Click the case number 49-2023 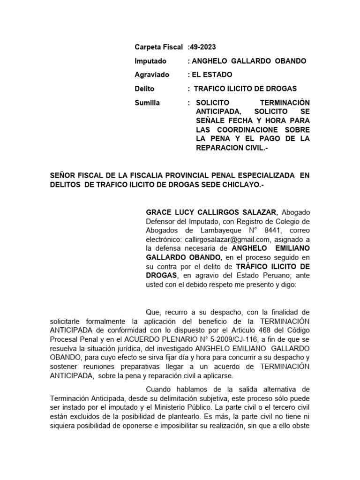[x=203, y=47]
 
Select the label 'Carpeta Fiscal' [x=158, y=47]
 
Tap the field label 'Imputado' [x=150, y=61]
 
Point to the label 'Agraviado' [x=152, y=75]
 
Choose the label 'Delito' [x=144, y=89]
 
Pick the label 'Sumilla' [x=147, y=103]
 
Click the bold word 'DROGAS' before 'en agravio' [x=162, y=275]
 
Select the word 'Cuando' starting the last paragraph [x=159, y=389]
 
